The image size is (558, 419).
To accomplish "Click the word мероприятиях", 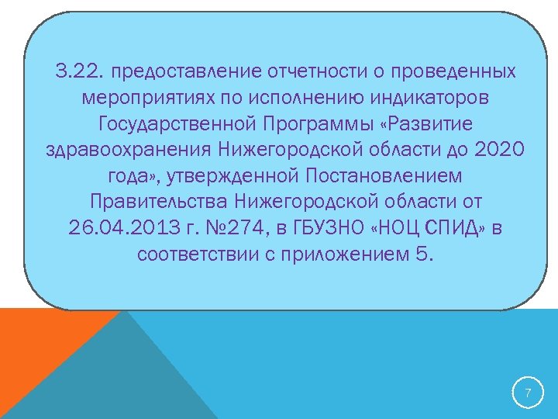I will tap(148, 99).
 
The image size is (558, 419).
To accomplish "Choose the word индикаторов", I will tap(417, 99).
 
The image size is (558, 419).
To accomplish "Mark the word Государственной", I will tap(177, 124).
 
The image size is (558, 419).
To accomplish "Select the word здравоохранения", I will tap(127, 150).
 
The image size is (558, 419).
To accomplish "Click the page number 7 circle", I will tap(528, 393).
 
